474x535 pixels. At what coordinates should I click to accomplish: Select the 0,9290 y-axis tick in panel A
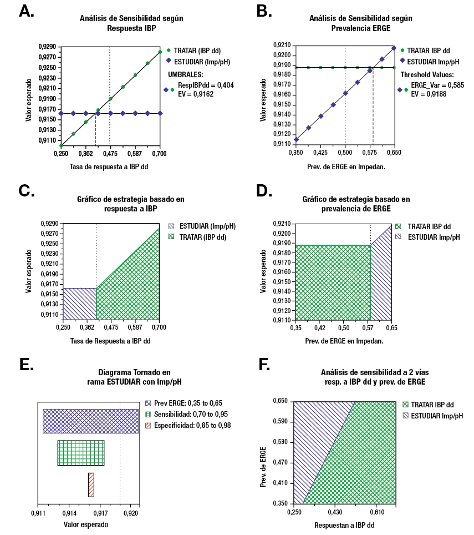tap(48, 47)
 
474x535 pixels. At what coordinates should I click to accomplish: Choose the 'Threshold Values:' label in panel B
tap(427, 74)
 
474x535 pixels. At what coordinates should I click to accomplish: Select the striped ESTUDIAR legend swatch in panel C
tap(172, 226)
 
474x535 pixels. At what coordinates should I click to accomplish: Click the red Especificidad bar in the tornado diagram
tap(91, 484)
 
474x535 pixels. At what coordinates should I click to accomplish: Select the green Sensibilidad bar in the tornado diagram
tap(81, 453)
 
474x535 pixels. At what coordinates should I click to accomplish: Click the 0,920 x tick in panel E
tap(131, 513)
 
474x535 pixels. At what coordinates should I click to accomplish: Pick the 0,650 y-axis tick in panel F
tap(280, 401)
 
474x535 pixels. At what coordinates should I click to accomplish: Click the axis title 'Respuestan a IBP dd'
tap(344, 524)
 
